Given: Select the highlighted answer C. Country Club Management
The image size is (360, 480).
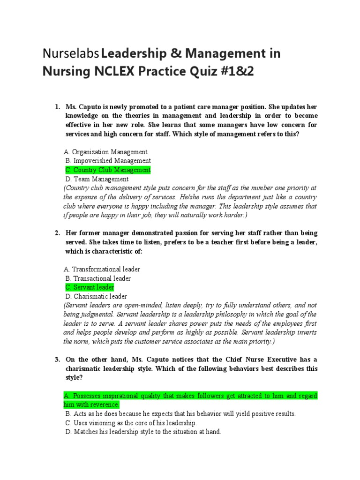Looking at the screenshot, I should (107, 170).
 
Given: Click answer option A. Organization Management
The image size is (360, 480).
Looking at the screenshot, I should (106, 152).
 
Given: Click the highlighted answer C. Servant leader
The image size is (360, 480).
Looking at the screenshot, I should (89, 287).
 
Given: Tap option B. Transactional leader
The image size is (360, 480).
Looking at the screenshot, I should (98, 278).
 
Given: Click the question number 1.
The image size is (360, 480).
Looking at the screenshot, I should (57, 107).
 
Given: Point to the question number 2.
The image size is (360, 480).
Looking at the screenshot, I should (57, 233).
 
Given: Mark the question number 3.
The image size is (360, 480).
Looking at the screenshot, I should (57, 360).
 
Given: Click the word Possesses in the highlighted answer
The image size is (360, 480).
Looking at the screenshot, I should (88, 396).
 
